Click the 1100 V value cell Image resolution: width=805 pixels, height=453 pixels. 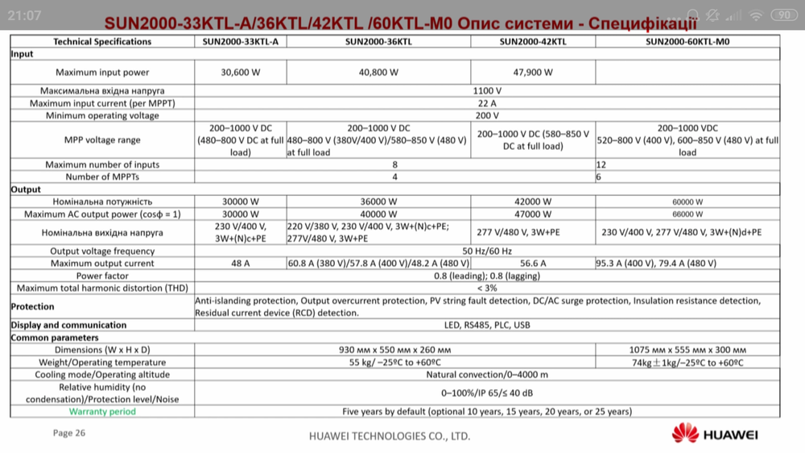tap(487, 91)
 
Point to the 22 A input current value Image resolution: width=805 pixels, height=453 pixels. tap(487, 103)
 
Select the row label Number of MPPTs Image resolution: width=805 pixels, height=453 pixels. tap(101, 177)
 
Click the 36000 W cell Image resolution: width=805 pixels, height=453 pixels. tap(378, 202)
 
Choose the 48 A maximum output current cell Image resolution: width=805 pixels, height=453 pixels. tap(240, 263)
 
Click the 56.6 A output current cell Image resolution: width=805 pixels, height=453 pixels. tap(533, 263)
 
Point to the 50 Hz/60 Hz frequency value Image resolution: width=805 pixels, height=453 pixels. tap(487, 251)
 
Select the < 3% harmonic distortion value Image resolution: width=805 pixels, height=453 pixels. tap(487, 288)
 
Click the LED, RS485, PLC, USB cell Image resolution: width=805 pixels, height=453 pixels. tap(487, 326)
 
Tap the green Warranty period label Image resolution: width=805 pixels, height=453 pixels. tap(102, 411)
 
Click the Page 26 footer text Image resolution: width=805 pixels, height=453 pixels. tap(68, 433)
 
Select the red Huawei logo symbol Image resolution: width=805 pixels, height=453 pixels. tap(685, 434)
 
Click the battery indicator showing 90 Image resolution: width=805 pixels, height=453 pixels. tap(782, 15)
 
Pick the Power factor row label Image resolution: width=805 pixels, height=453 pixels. tap(101, 275)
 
